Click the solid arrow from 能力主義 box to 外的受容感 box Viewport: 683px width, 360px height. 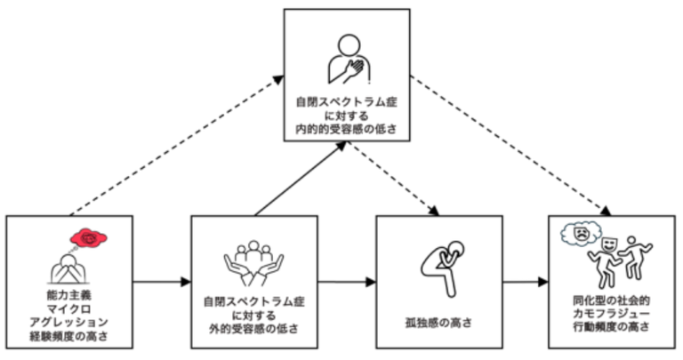[161, 283]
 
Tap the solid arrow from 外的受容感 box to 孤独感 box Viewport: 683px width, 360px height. [347, 283]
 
